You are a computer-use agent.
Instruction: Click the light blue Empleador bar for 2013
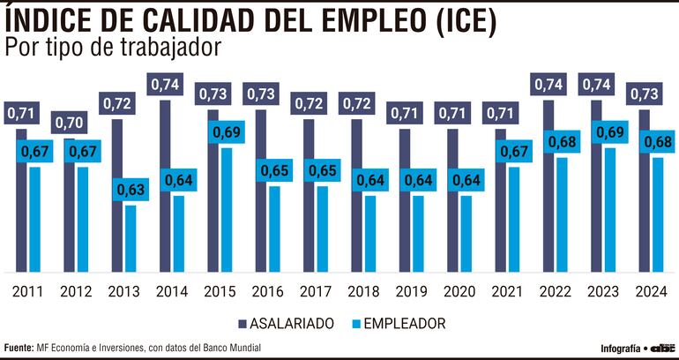[131, 238]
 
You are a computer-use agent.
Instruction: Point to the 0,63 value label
[131, 189]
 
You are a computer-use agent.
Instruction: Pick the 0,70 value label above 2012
[69, 123]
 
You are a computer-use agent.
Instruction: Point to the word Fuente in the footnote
[18, 348]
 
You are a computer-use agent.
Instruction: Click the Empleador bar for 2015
[227, 212]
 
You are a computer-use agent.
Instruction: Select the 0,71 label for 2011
[21, 113]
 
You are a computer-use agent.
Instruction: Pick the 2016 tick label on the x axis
[266, 291]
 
